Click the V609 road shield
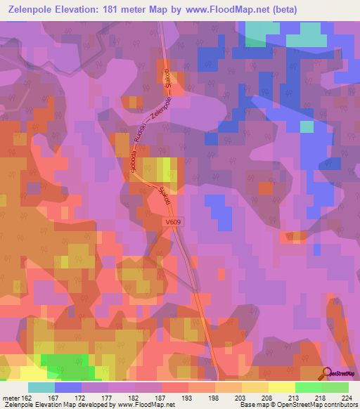[174, 221]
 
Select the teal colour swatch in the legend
[41, 387]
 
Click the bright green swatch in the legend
[308, 387]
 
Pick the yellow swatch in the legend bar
[281, 387]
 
